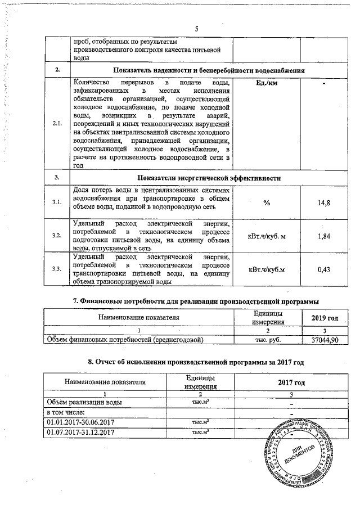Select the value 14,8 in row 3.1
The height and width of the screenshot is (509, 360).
323,202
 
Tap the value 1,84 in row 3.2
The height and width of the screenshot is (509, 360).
323,236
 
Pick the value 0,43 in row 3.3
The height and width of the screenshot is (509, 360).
323,269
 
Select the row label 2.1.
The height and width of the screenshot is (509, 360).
57,123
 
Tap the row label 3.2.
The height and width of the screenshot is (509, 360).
57,236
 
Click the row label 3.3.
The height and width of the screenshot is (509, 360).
57,269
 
